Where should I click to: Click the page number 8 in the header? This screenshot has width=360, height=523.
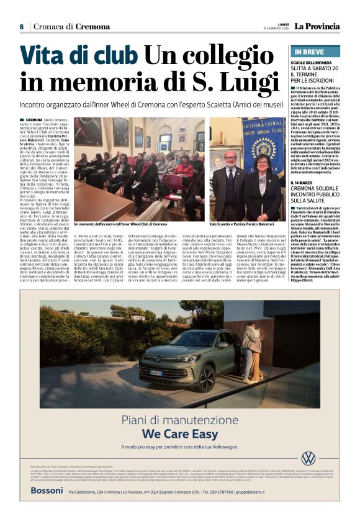coord(21,27)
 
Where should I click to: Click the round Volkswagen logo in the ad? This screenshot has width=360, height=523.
coord(307,458)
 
